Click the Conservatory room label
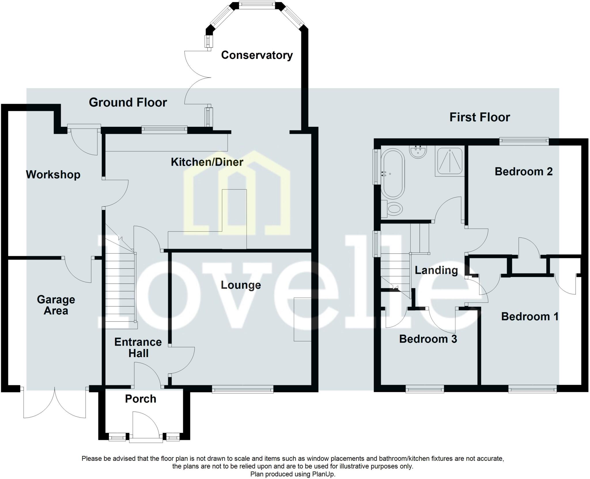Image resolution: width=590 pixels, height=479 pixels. coord(257,55)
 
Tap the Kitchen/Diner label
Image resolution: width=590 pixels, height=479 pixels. coord(207,162)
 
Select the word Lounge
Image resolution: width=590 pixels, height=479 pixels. coord(241,285)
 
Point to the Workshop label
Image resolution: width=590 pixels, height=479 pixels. coord(53,175)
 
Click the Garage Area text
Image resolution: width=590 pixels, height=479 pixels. coord(56,305)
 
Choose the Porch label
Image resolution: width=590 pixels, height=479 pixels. coord(141,399)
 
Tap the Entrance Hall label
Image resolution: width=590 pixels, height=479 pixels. coord(138,348)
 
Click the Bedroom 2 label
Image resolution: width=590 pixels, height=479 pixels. coord(523,171)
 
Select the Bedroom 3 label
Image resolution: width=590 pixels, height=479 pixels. coord(428,339)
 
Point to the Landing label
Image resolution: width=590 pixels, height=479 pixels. coord(436,270)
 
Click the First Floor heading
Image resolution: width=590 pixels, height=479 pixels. coord(480,117)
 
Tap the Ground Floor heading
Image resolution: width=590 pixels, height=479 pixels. coord(128,103)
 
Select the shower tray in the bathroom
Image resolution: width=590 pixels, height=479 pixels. coord(449,161)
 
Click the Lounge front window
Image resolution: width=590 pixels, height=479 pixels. coord(243,390)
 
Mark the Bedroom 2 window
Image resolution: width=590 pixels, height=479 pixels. coord(524,140)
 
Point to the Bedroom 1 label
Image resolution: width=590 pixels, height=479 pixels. coord(530,317)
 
